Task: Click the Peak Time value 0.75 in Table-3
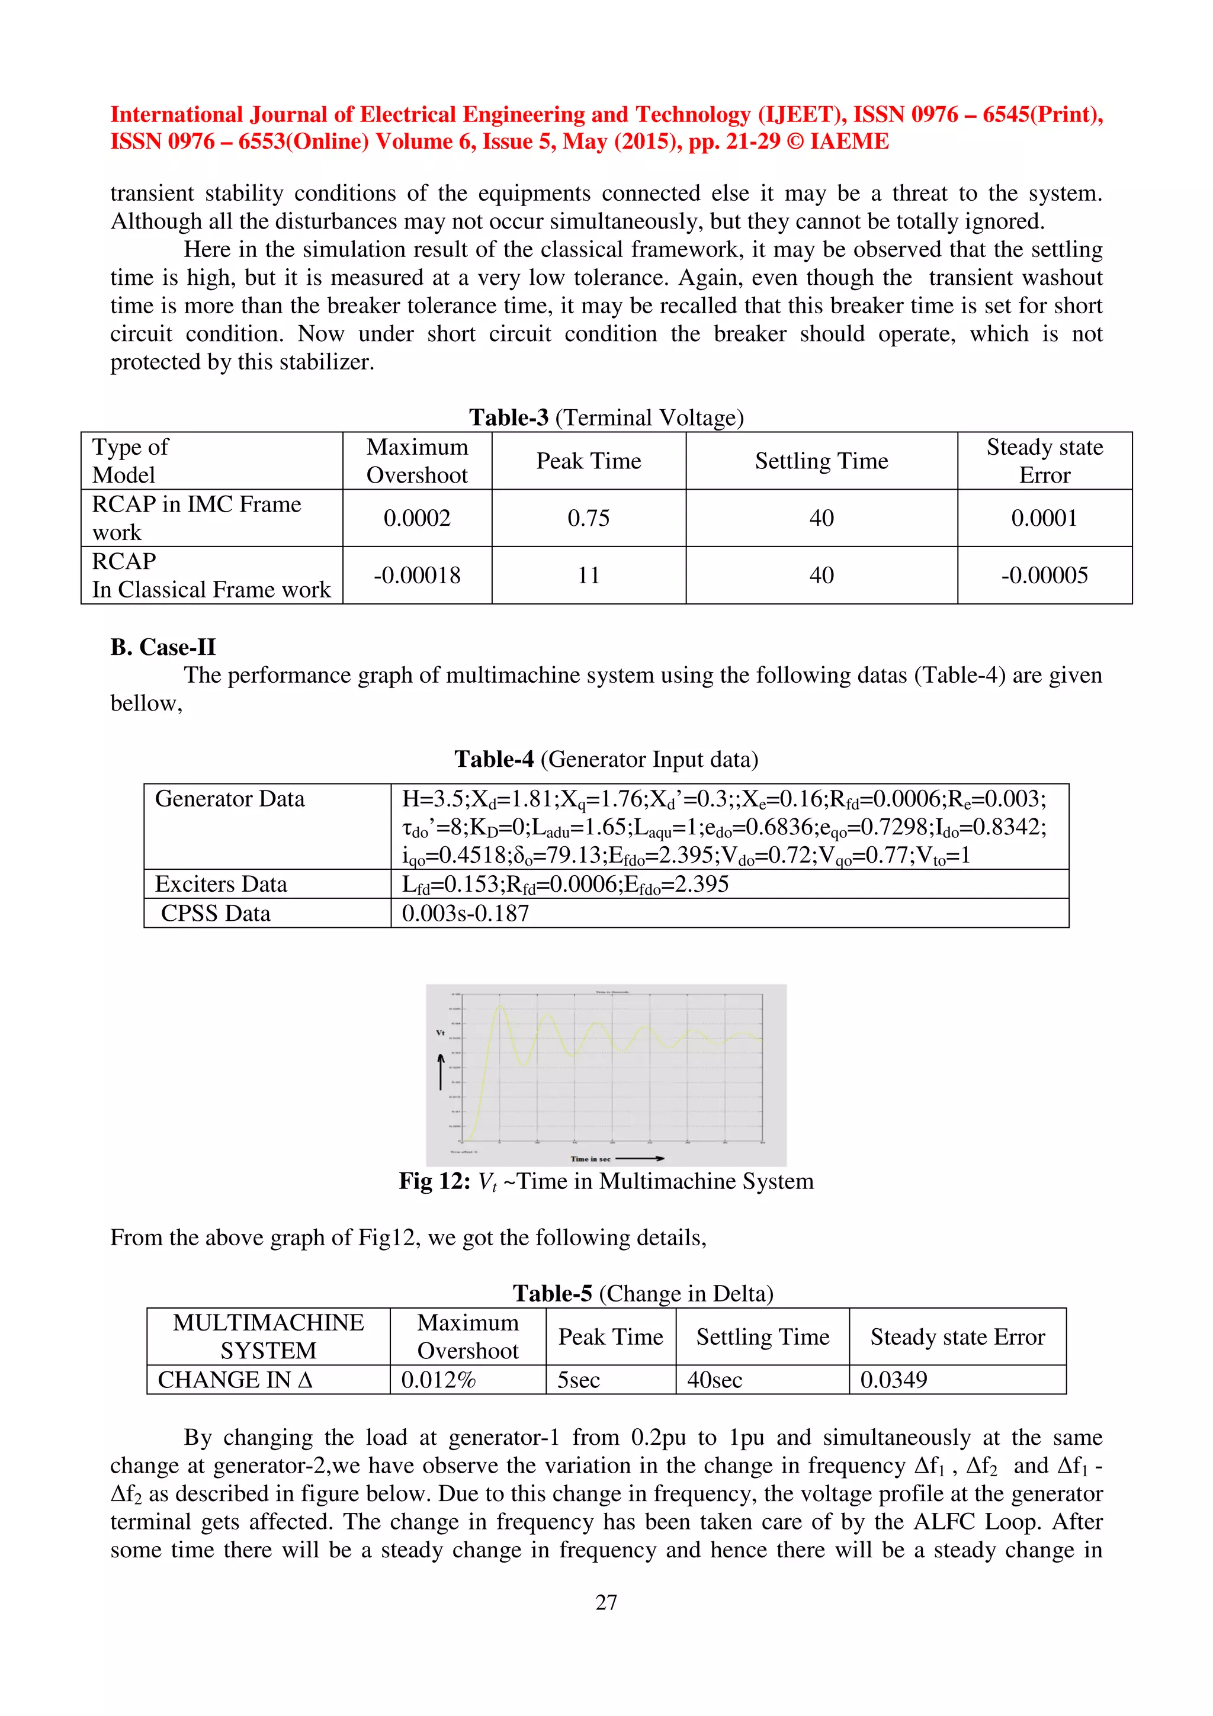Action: (588, 518)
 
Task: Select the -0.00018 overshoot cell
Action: (417, 575)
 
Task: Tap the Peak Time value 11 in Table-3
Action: (588, 575)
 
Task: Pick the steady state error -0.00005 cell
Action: (1044, 575)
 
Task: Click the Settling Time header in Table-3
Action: (821, 461)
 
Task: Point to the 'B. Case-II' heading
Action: (163, 647)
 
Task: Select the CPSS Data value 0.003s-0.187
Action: (465, 913)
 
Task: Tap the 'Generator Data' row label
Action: (229, 799)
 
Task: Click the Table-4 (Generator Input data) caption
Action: (606, 759)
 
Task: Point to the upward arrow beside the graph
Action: (441, 1071)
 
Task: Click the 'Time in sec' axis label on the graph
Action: (591, 1158)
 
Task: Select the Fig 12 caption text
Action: (606, 1181)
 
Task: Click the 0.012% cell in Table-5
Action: (438, 1380)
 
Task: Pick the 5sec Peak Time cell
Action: (579, 1380)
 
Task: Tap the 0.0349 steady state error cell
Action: (893, 1380)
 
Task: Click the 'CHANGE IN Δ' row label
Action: (235, 1380)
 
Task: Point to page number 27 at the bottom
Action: (606, 1602)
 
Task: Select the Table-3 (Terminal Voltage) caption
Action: (606, 417)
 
